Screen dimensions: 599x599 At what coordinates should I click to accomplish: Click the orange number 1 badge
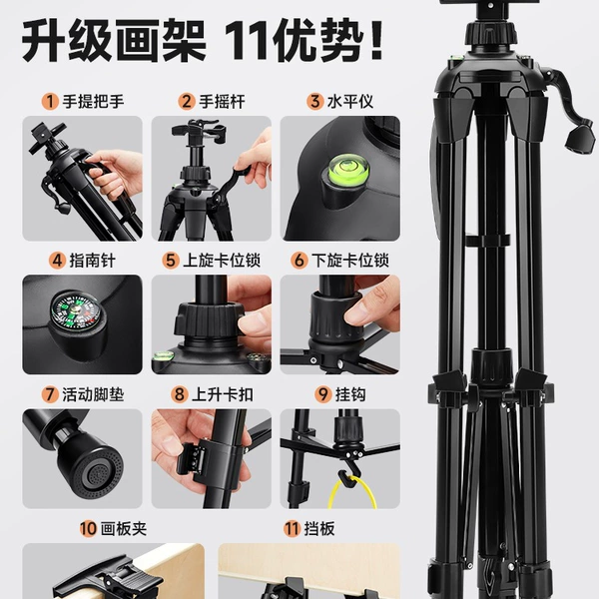(50, 102)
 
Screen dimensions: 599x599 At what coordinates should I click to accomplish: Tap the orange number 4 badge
(57, 261)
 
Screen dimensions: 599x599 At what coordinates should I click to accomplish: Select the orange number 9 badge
(323, 394)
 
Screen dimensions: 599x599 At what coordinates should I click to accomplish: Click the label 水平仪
(350, 102)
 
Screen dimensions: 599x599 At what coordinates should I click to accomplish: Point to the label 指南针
(93, 261)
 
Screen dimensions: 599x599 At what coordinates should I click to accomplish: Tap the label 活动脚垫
(93, 394)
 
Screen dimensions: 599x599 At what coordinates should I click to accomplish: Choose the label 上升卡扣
(223, 394)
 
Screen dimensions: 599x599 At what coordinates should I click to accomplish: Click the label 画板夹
(124, 529)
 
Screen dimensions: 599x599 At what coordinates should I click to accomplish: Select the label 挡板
(319, 529)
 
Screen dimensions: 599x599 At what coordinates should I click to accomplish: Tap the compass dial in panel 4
(75, 310)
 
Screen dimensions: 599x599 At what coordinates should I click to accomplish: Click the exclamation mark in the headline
(376, 40)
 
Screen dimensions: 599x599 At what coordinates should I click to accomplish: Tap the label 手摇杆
(222, 102)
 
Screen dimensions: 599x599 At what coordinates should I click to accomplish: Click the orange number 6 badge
(299, 261)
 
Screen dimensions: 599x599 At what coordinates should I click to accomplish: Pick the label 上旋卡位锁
(222, 261)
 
